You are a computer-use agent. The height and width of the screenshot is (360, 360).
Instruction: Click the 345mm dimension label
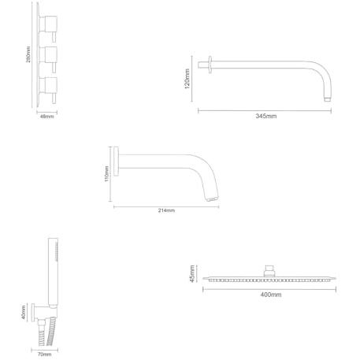coord(266,116)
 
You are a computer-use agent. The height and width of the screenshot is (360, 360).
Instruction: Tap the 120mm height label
coord(187,79)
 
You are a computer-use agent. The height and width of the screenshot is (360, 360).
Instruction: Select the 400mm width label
coord(271,295)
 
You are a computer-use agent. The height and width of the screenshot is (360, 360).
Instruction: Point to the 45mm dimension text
coord(192,273)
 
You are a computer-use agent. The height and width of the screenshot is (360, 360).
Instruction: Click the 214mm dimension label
coord(166,210)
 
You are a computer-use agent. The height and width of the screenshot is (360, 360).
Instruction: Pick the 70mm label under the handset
coord(45,354)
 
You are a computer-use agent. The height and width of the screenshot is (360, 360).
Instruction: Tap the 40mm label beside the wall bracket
coord(24,312)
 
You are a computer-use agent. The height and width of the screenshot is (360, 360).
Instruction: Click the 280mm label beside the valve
coord(28,54)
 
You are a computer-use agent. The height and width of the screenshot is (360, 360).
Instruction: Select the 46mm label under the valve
coord(47,116)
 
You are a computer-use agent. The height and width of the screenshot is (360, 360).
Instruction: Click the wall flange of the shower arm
coord(210,65)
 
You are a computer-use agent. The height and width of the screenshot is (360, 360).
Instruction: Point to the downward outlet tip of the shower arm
coord(328,99)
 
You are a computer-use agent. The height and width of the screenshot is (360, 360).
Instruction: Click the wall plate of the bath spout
coord(116,161)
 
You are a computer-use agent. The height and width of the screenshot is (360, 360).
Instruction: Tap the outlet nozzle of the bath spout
coord(212,199)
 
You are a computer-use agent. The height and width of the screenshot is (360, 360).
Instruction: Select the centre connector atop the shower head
coord(269,271)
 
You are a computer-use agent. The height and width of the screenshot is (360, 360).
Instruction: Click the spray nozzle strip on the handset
coord(57,251)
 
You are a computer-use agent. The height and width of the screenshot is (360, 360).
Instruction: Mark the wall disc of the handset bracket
coord(33,312)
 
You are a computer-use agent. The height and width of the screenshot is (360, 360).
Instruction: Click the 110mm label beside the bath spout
coord(106,173)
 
